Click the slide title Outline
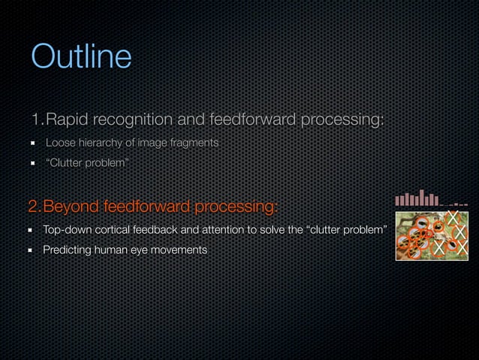pyautogui.click(x=81, y=57)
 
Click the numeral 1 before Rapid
pyautogui.click(x=35, y=119)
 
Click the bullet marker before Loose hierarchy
pyautogui.click(x=34, y=144)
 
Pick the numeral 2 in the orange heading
pyautogui.click(x=33, y=206)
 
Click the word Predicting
pyautogui.click(x=66, y=249)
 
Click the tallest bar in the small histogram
pyautogui.click(x=423, y=197)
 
